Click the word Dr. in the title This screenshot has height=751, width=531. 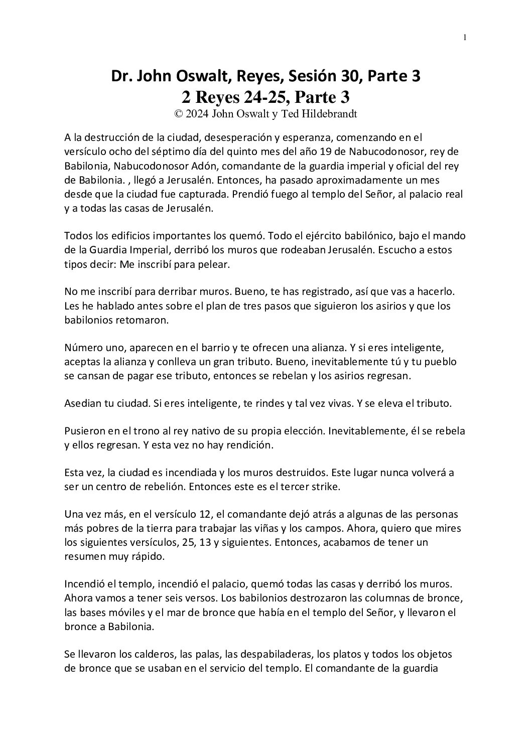[x=122, y=77]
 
